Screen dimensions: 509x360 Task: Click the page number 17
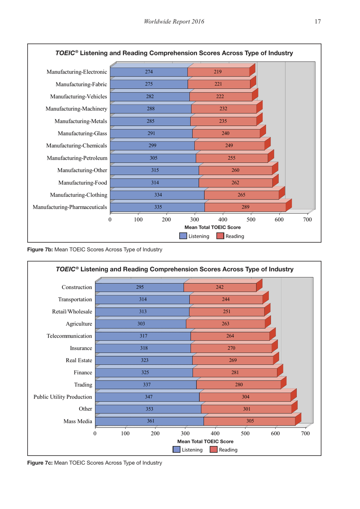coord(318,22)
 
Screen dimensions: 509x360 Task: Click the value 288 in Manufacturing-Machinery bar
coord(151,109)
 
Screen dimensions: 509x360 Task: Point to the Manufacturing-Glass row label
coord(82,134)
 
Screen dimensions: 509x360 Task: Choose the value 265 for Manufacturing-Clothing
coord(241,195)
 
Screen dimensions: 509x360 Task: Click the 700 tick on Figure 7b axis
coord(307,220)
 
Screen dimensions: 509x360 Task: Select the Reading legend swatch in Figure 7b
coord(220,236)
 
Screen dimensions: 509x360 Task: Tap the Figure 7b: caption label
coord(40,250)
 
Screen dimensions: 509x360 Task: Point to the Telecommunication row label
coord(69,336)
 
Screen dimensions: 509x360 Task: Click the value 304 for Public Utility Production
coord(246,397)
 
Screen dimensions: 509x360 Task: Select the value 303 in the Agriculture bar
coord(141,324)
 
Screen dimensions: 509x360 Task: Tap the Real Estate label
coord(79,360)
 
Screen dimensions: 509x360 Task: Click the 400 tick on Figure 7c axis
coord(215,434)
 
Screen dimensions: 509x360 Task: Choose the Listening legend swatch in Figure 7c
coord(177,450)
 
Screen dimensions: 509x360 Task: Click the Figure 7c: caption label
coord(40,463)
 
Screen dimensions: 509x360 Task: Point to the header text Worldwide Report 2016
coord(174,22)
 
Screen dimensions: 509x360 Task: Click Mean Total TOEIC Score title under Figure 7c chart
coord(205,441)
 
